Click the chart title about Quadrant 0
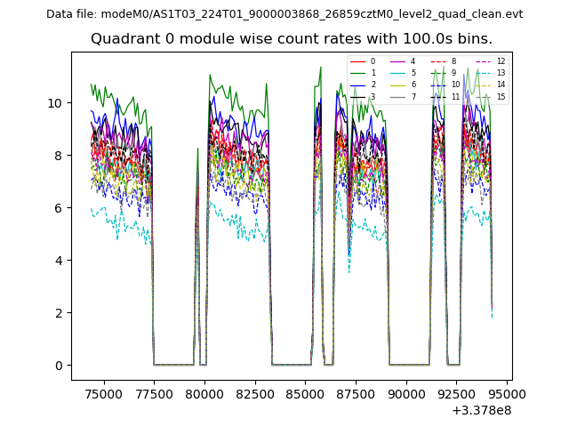click(x=291, y=39)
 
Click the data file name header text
click(x=284, y=13)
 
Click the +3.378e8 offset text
click(x=482, y=410)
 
